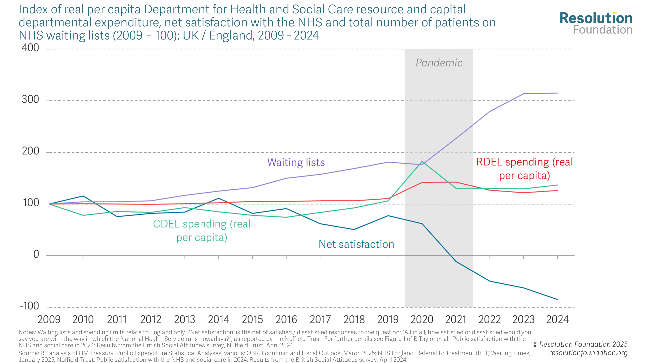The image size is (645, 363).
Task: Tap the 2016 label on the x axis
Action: tap(286, 319)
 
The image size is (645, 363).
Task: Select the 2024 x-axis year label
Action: tap(557, 319)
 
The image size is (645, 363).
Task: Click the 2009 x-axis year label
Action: tap(49, 319)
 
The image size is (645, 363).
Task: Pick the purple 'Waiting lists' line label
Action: tap(296, 162)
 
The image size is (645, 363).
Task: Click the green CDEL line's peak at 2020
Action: tap(422, 162)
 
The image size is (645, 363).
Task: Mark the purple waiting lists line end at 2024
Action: tap(557, 93)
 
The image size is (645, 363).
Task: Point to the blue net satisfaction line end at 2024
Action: tap(557, 299)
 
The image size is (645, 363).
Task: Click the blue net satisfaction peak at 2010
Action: tap(83, 196)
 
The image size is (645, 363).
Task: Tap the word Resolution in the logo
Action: tap(596, 18)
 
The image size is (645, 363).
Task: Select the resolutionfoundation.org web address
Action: tap(588, 353)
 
